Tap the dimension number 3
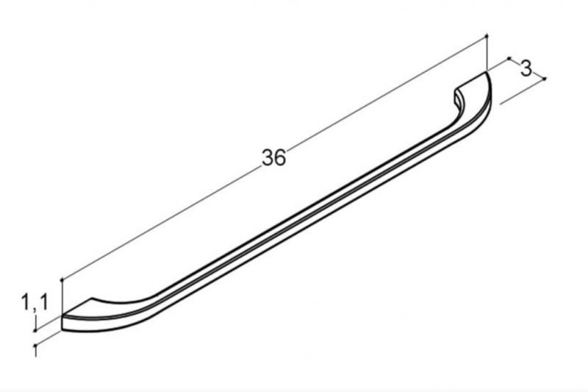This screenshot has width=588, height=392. point(526,70)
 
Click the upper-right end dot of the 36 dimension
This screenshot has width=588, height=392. point(487,35)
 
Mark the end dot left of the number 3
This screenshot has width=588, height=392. point(509,59)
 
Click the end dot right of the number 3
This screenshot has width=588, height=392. point(545,79)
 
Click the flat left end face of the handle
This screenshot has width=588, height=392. point(65,323)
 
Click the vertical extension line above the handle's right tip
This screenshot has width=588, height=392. point(487,53)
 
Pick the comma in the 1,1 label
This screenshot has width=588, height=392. point(34,306)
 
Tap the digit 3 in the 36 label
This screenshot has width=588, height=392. point(267,158)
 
